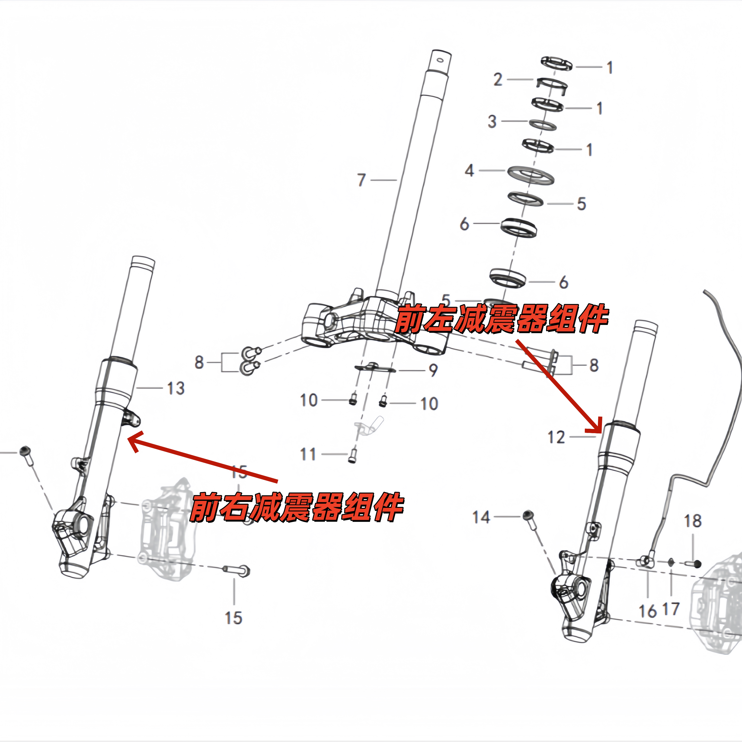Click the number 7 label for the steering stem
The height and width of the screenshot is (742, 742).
tap(361, 180)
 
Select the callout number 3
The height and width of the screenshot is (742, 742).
tap(492, 121)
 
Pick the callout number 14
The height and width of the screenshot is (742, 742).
tap(481, 517)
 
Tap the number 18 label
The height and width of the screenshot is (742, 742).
tap(693, 521)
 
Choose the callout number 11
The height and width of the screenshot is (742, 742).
tap(308, 454)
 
